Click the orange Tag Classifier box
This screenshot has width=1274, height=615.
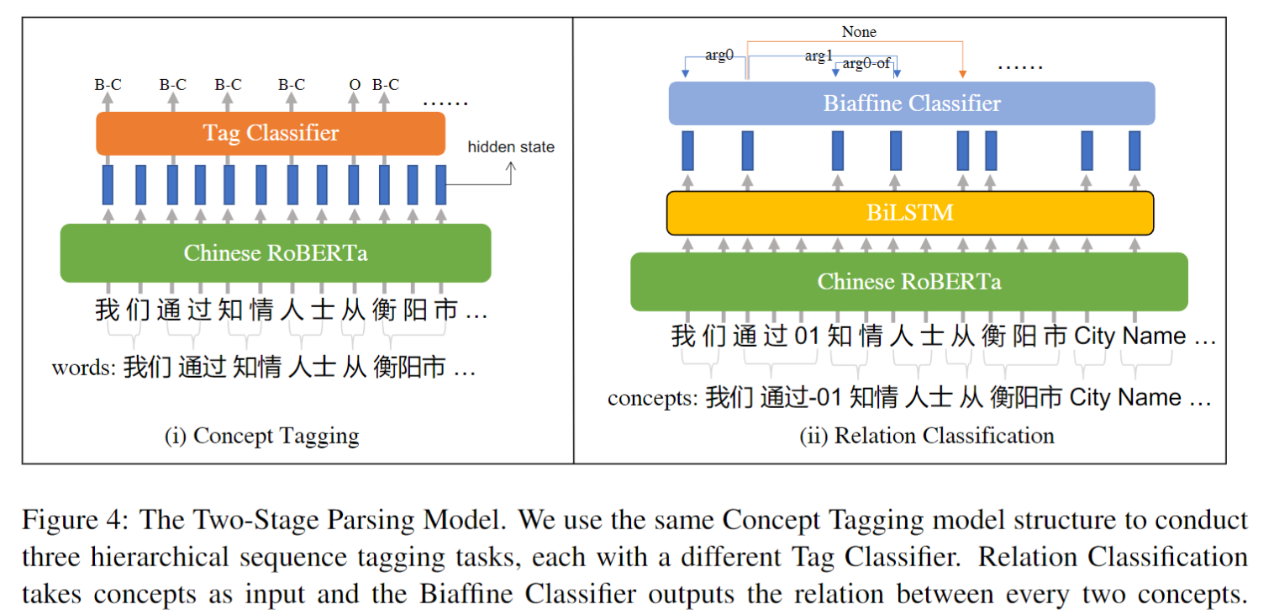coord(271,133)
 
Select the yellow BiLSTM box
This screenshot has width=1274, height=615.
coord(909,212)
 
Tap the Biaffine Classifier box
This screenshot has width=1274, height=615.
coord(911,103)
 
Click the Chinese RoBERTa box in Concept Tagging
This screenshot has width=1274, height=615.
coord(275,252)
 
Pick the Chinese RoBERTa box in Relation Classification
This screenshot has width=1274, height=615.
coord(908,281)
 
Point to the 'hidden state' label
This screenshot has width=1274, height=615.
coord(511,147)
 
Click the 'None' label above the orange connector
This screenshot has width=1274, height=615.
coord(858,32)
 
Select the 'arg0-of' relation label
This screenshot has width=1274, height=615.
coord(866,64)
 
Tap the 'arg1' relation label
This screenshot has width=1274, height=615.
coord(818,56)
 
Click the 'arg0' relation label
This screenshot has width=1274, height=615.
coord(719,56)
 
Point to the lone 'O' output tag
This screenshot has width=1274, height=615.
coord(354,85)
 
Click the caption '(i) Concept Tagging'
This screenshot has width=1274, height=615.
coord(261,436)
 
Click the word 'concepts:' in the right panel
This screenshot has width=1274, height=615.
coord(653,397)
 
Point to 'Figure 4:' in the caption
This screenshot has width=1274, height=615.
coord(74,519)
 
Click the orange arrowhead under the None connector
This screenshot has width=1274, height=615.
coord(963,75)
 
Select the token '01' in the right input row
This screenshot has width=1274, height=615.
coord(806,337)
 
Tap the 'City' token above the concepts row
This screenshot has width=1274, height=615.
coord(1094,337)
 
